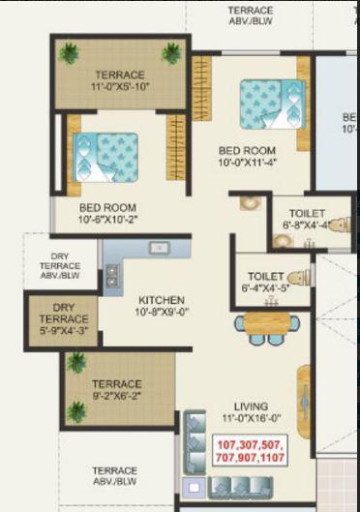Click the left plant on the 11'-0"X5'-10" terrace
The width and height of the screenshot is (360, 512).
tap(69, 53)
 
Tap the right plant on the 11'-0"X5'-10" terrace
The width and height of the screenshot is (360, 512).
tap(172, 53)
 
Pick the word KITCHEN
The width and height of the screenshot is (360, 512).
tap(161, 300)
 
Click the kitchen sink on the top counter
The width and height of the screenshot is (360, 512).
tap(156, 249)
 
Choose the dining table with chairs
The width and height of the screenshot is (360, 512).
tap(266, 326)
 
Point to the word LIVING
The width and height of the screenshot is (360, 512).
tap(251, 407)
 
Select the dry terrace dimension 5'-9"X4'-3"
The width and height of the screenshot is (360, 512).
tap(61, 331)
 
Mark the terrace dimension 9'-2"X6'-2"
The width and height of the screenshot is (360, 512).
tap(117, 397)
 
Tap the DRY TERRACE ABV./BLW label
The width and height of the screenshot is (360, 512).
tap(60, 265)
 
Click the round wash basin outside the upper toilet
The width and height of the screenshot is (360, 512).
tap(249, 204)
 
